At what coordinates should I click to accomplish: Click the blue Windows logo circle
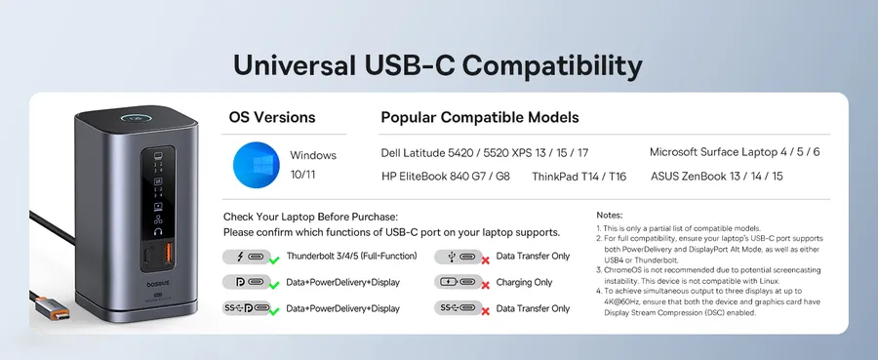(257, 165)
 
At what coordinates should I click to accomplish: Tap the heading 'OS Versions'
(272, 118)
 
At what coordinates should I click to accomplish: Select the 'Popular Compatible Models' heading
(480, 118)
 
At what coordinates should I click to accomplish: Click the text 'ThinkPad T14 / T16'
(579, 177)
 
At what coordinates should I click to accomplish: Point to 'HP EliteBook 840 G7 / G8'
(446, 177)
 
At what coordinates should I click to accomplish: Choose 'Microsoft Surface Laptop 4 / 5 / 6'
(735, 152)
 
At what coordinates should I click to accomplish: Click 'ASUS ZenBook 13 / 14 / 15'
(717, 177)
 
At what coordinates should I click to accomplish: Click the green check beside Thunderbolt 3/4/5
(274, 260)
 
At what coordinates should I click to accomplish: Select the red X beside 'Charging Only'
(486, 286)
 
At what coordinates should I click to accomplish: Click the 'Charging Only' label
(524, 282)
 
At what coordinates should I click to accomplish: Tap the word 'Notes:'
(609, 215)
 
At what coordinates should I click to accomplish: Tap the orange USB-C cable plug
(53, 307)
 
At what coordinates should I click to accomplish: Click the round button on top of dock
(136, 119)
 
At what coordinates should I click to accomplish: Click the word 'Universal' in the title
(295, 65)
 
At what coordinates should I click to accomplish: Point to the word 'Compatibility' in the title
(552, 66)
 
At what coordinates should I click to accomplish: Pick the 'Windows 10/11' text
(313, 165)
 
